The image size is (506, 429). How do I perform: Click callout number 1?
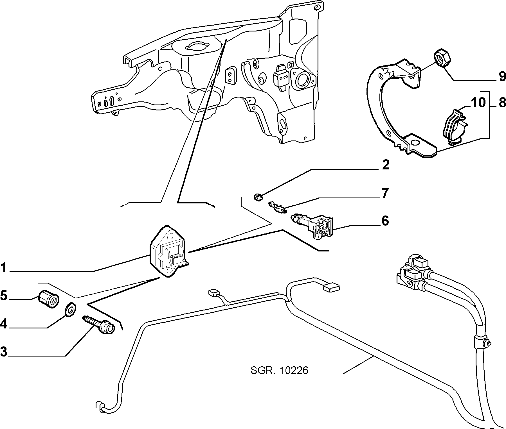pyautogui.click(x=3, y=268)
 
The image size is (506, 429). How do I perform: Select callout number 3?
pyautogui.click(x=4, y=351)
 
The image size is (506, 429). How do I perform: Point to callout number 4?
pyautogui.click(x=4, y=324)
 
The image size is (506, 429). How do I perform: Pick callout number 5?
pyautogui.click(x=4, y=296)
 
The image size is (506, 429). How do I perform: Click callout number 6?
pyautogui.click(x=385, y=221)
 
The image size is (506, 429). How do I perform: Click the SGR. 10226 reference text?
pyautogui.click(x=279, y=371)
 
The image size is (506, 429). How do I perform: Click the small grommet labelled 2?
pyautogui.click(x=258, y=197)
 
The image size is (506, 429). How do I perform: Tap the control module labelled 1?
pyautogui.click(x=168, y=251)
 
